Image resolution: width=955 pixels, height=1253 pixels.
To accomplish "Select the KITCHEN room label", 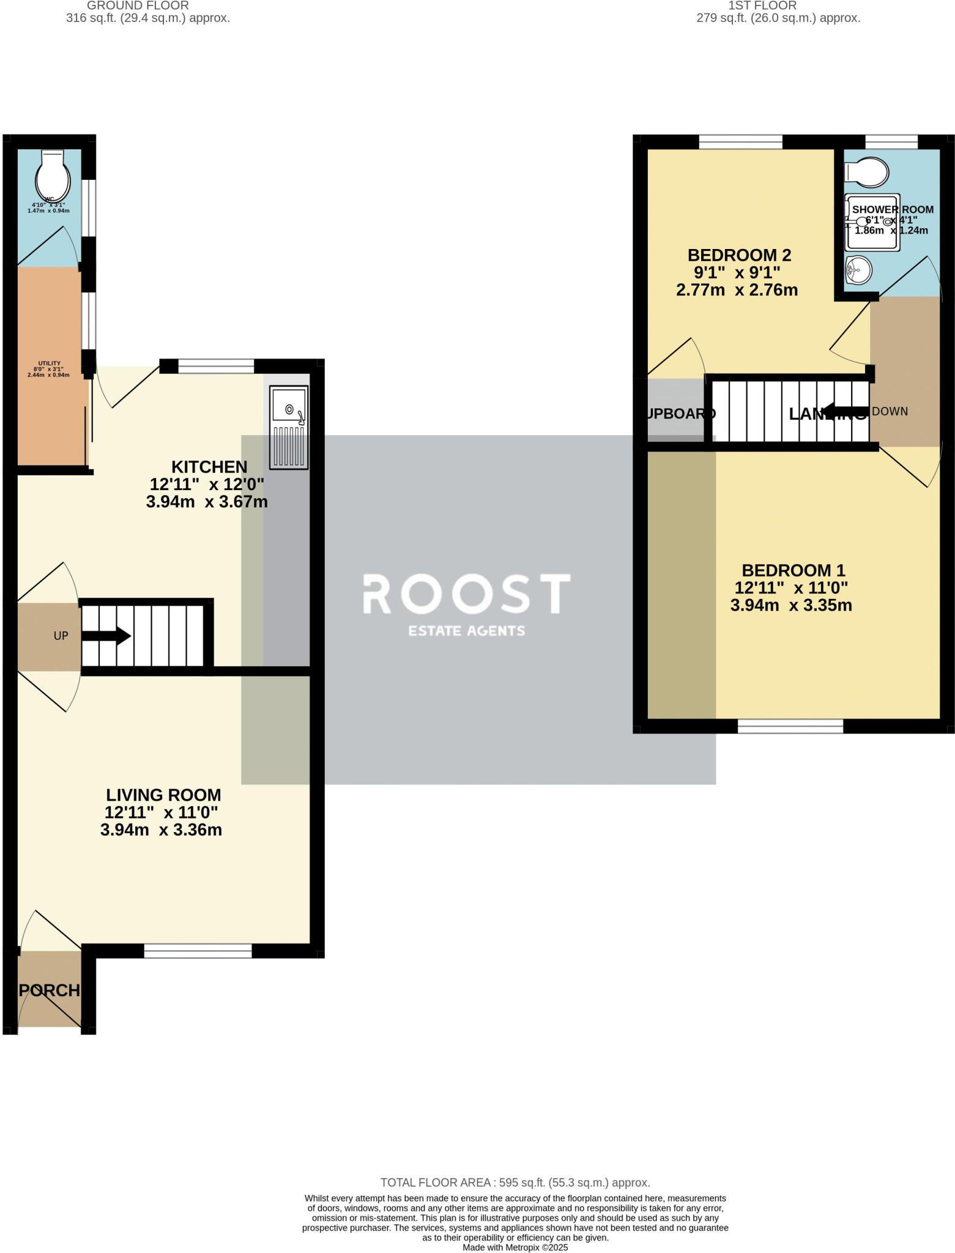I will click(x=209, y=467).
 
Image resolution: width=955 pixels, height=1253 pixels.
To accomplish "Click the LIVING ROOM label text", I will click(x=163, y=795).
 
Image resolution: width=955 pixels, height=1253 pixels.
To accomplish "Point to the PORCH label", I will click(x=50, y=990).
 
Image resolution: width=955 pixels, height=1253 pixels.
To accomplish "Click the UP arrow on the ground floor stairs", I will click(x=106, y=636).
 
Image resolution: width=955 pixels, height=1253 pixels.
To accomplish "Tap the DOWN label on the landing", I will click(x=890, y=411).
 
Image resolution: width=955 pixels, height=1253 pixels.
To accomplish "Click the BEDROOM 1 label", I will click(x=793, y=570).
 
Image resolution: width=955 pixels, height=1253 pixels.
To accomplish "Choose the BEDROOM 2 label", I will click(x=739, y=255).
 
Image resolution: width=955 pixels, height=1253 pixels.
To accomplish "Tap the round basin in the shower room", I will click(x=858, y=270).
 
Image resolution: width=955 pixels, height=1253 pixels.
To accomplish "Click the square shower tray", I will click(x=872, y=223).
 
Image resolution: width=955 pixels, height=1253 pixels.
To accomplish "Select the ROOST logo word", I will click(x=467, y=593).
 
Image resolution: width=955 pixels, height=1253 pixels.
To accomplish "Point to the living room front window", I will click(x=198, y=950).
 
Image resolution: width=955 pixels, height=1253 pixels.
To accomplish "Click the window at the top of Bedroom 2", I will click(x=740, y=142).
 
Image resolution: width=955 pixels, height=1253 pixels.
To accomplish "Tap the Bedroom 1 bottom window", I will click(x=790, y=726).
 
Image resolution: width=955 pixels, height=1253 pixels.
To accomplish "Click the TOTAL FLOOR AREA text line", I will click(x=515, y=1182).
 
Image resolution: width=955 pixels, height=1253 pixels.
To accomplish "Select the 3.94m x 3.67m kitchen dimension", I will click(x=207, y=502).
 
